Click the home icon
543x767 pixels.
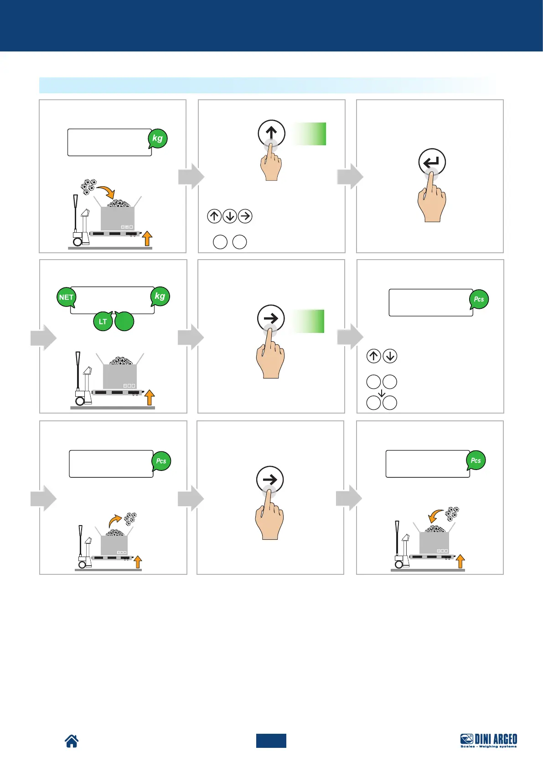click(72, 741)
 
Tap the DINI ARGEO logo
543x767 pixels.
click(489, 740)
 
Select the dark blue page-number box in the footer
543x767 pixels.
click(271, 741)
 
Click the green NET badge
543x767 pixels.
click(66, 297)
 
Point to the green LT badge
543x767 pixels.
click(103, 322)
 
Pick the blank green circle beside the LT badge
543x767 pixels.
click(124, 322)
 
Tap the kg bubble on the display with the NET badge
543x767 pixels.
click(160, 296)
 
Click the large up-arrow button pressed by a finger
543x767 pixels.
click(271, 133)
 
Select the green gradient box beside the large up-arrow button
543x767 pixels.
click(309, 134)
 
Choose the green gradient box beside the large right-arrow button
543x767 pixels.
click(308, 321)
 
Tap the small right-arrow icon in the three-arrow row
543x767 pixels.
click(245, 216)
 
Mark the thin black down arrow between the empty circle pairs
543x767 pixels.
click(382, 392)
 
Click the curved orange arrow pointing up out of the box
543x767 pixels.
click(115, 520)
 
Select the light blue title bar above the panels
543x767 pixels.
click(267, 85)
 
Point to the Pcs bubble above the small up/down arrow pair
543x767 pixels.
click(479, 299)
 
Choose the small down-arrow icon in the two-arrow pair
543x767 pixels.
click(390, 356)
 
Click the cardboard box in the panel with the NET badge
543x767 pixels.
click(119, 377)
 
